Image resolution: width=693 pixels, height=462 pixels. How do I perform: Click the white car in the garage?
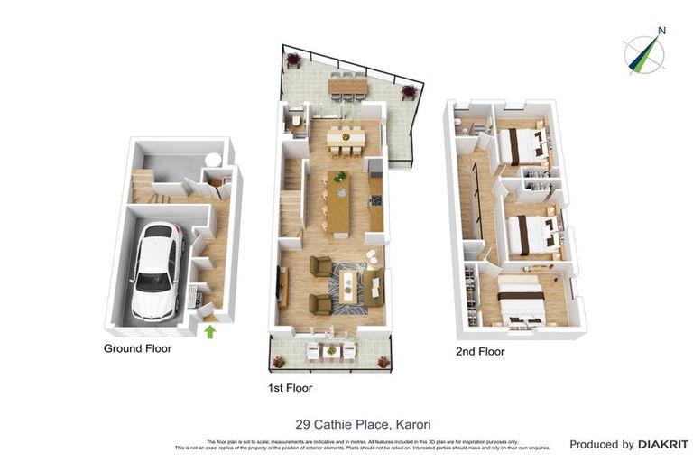[x=155, y=270]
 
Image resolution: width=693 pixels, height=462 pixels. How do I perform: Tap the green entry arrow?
[x=210, y=332]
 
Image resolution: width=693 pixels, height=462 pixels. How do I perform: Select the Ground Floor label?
[x=137, y=347]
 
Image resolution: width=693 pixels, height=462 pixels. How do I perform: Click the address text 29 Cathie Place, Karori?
[x=351, y=422]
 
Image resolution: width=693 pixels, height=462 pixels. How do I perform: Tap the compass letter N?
[x=661, y=31]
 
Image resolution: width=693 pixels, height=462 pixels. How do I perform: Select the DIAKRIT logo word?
[x=663, y=444]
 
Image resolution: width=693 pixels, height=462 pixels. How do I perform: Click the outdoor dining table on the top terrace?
[x=347, y=86]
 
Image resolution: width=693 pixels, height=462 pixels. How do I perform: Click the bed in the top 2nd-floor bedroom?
[x=521, y=144]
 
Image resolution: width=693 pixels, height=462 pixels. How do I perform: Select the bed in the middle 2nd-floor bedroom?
[x=527, y=234]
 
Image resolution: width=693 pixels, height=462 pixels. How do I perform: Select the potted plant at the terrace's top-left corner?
[x=293, y=60]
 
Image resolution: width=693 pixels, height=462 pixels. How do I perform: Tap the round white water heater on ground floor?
[x=213, y=160]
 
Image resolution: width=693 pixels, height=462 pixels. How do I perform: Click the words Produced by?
[x=602, y=444]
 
